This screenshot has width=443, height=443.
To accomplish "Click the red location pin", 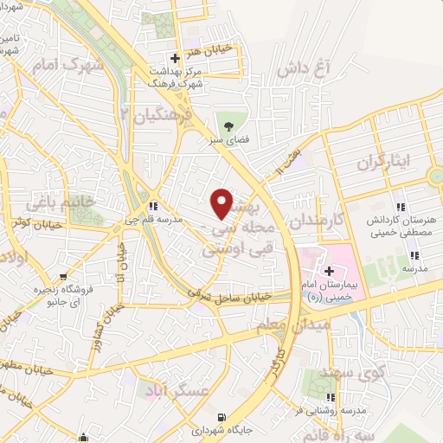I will coord(223,203).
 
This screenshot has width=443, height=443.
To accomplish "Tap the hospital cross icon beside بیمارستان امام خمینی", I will coord(329,272).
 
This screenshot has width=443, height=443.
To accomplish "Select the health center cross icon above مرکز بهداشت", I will coord(176,59).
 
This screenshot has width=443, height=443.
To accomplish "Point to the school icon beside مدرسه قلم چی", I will coord(154,207).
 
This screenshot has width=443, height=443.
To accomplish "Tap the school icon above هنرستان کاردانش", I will coord(401,207).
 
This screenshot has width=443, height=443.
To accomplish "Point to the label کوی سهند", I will coord(331,371).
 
